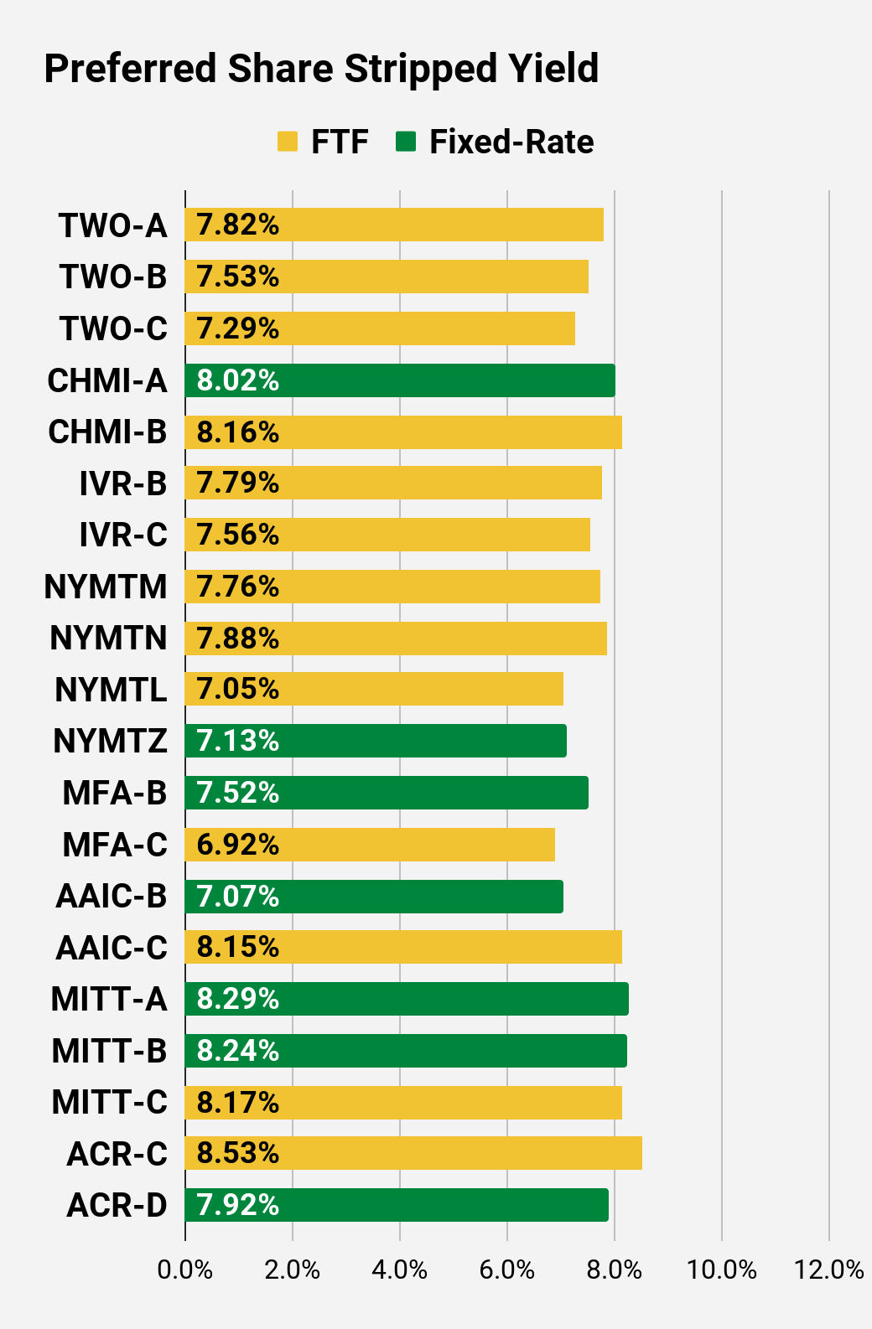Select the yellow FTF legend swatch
click(x=288, y=142)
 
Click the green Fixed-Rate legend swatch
click(x=406, y=142)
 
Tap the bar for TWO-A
click(x=394, y=225)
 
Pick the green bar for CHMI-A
click(x=400, y=380)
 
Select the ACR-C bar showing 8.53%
click(x=413, y=1153)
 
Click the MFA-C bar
click(x=370, y=845)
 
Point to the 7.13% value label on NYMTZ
click(x=237, y=741)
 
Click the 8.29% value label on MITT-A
click(x=237, y=999)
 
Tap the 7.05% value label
click(x=237, y=689)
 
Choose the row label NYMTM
click(x=106, y=587)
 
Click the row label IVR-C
click(x=123, y=535)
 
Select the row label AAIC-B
click(x=112, y=896)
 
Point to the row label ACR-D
click(x=117, y=1205)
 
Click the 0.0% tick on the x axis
click(x=185, y=1270)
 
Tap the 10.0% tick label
click(x=722, y=1270)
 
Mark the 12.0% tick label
click(x=828, y=1270)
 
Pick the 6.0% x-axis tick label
click(x=507, y=1270)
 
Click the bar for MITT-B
click(x=406, y=1051)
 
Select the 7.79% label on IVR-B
click(x=237, y=483)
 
